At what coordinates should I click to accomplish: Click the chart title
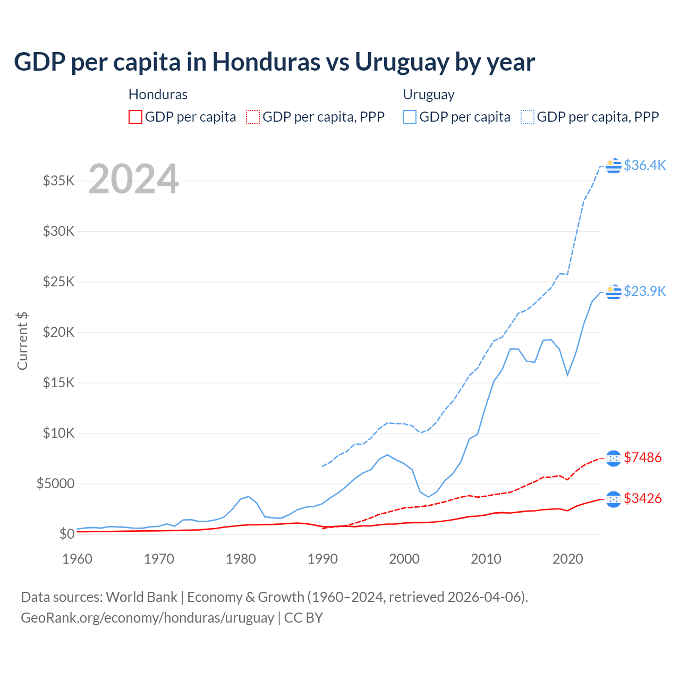point(274,62)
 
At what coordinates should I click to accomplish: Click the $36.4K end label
point(644,165)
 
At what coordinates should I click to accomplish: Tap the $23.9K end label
point(644,291)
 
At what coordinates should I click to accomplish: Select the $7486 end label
point(643,457)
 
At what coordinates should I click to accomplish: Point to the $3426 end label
point(643,498)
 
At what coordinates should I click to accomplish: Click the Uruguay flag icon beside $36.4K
point(614,166)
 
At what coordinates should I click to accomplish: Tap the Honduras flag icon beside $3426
point(614,499)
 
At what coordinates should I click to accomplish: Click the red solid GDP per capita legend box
point(135,117)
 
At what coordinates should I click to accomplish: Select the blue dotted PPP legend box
point(528,117)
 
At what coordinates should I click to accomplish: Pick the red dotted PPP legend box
point(253,117)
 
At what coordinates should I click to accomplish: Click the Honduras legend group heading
point(158,95)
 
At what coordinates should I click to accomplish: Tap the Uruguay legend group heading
point(429,95)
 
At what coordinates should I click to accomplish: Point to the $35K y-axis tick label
point(59,181)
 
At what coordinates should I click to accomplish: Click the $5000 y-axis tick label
point(55,483)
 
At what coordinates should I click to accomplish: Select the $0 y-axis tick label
point(66,534)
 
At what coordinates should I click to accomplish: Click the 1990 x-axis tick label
point(322,559)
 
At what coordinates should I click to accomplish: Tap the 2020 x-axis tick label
point(568,559)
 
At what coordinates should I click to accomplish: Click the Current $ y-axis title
point(22,341)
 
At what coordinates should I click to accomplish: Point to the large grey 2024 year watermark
point(133,179)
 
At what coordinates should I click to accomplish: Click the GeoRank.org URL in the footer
point(147,618)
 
